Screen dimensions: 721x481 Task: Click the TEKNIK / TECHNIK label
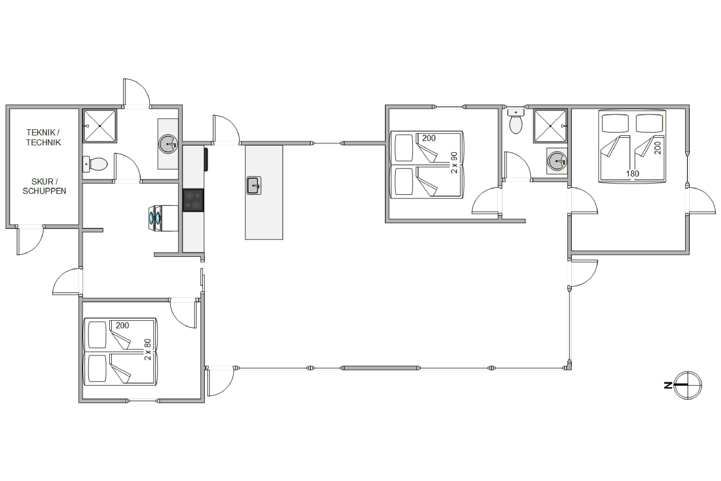43,137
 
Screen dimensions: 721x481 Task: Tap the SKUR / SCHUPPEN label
44,186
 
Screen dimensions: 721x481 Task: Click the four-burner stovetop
193,200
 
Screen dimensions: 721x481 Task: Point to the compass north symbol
685,385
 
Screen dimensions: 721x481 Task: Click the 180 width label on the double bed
632,174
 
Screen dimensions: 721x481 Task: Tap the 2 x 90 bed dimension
454,163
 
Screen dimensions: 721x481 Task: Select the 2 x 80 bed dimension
148,349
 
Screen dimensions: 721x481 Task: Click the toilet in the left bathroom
95,164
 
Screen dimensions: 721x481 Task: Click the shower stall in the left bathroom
100,126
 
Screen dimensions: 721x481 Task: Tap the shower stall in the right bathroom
551,126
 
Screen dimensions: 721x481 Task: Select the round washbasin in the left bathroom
168,144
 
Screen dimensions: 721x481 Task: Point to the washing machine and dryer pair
163,218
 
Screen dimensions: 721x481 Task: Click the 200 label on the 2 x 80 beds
122,325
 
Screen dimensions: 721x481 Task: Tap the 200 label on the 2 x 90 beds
429,138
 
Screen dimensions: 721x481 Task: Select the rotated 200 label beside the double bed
658,148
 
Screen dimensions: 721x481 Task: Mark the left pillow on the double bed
615,123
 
